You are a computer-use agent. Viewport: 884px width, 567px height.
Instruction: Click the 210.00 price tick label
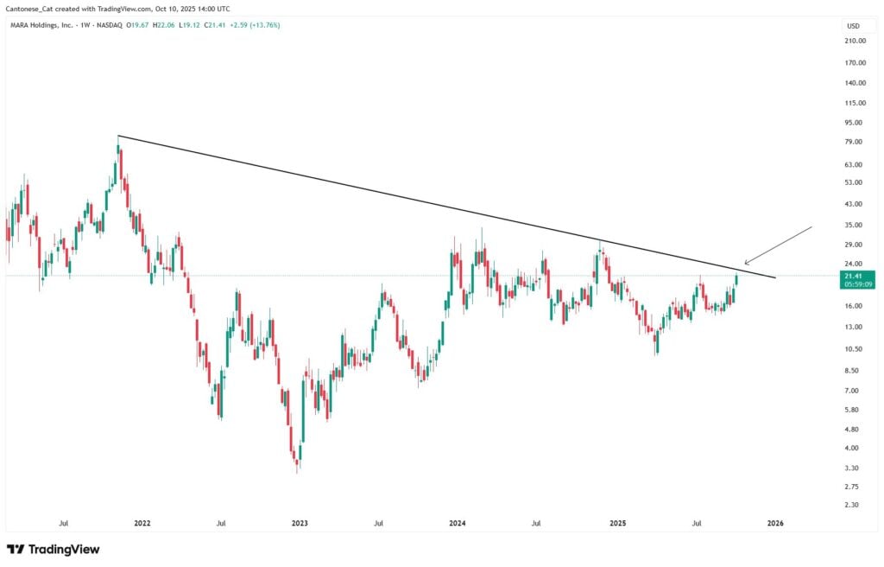855,41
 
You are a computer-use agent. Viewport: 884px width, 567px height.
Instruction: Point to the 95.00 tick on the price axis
855,123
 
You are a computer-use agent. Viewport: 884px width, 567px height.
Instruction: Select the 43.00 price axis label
855,204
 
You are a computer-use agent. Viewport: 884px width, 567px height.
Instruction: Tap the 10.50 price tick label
855,349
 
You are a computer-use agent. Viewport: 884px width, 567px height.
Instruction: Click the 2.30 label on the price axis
855,505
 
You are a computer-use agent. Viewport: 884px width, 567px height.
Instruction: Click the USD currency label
854,25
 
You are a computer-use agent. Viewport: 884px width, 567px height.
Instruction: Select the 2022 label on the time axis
142,523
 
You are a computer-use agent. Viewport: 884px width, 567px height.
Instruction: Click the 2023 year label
300,523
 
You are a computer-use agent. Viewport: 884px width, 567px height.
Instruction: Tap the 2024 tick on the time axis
458,523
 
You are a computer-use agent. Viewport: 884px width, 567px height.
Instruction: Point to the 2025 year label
617,523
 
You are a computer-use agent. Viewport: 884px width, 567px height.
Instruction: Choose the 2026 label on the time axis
775,523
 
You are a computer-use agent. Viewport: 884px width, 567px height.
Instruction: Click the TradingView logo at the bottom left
54,549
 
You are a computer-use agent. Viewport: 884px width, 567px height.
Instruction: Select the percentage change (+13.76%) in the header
264,25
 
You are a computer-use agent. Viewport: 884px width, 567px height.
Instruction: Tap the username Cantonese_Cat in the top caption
28,9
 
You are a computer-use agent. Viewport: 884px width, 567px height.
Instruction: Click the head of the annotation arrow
745,263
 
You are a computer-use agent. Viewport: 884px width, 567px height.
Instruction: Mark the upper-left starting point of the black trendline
118,136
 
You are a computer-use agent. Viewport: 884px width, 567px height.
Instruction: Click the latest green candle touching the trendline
736,279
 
